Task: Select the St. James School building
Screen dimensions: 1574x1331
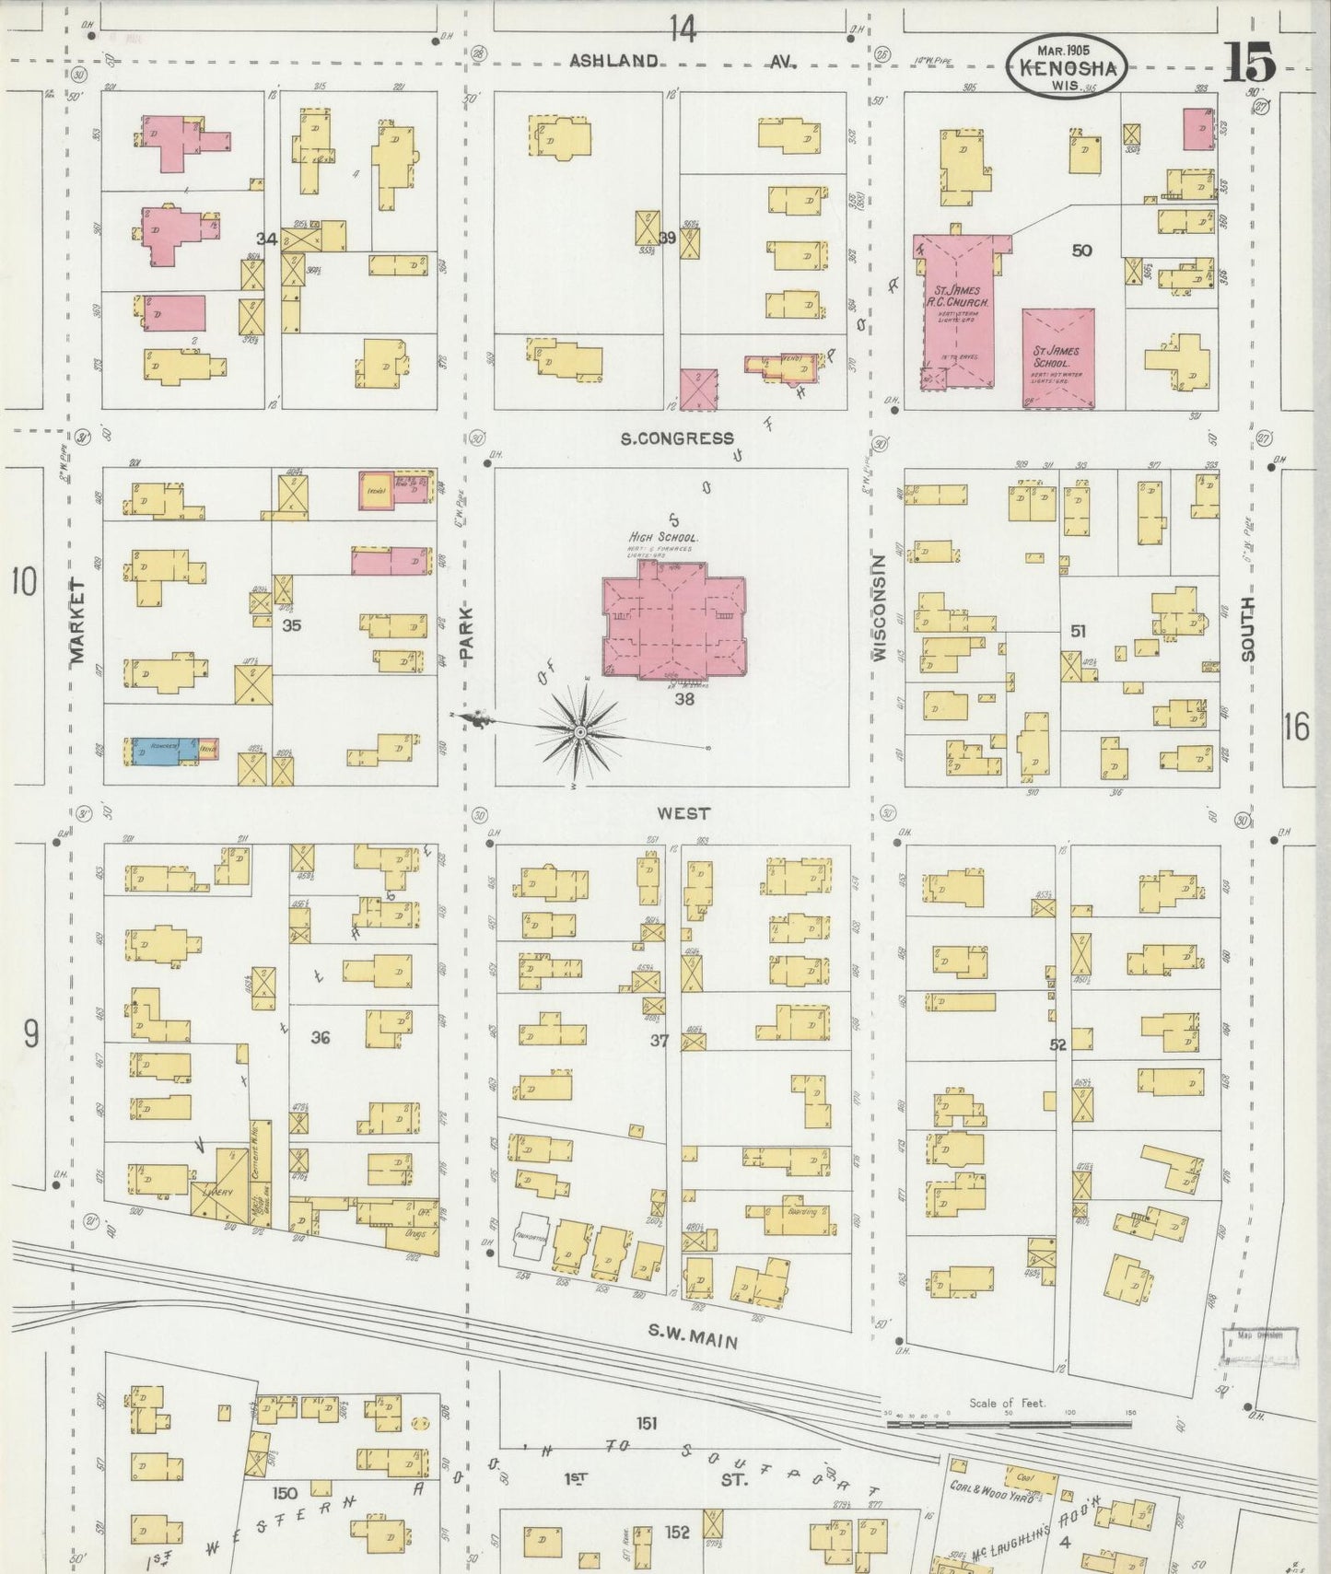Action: click(x=1057, y=358)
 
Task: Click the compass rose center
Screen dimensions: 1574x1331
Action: click(x=580, y=732)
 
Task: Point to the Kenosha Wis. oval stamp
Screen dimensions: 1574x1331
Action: click(x=1066, y=66)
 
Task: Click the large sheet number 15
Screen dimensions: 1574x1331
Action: click(x=1248, y=63)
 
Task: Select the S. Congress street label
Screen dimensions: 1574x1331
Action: click(x=677, y=438)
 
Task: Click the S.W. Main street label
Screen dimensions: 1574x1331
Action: click(x=693, y=1335)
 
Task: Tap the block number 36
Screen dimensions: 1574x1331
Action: click(x=320, y=1037)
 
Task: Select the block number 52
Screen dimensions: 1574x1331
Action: click(x=1057, y=1044)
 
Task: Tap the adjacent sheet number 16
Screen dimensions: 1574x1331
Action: click(x=1294, y=728)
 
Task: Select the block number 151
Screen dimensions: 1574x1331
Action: click(x=647, y=1423)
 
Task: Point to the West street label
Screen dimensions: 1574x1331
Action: click(x=683, y=813)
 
